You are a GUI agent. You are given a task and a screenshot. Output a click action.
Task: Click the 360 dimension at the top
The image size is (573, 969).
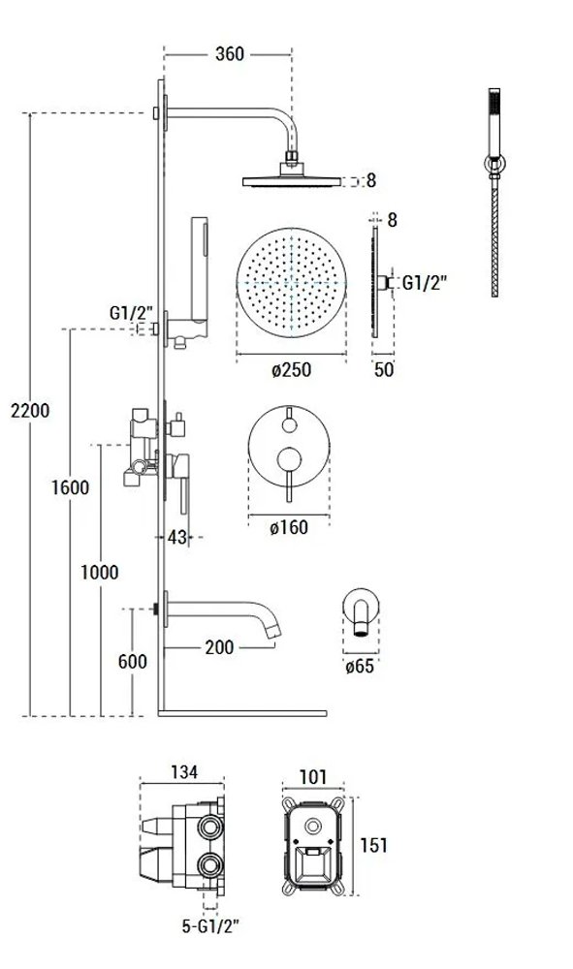pyautogui.click(x=230, y=54)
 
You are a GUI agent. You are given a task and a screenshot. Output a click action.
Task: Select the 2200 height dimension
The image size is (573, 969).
pyautogui.click(x=30, y=410)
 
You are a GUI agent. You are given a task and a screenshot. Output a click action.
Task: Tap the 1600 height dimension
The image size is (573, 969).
pyautogui.click(x=70, y=487)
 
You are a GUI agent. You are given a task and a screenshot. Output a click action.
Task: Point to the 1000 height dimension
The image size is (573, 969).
pyautogui.click(x=100, y=573)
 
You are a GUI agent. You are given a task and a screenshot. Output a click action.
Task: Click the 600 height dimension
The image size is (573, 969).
pyautogui.click(x=132, y=661)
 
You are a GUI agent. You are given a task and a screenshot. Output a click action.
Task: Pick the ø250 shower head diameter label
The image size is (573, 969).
pyautogui.click(x=291, y=370)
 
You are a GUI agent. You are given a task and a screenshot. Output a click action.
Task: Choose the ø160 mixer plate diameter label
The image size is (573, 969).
pyautogui.click(x=289, y=527)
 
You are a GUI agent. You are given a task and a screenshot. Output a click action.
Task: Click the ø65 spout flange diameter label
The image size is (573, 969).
pyautogui.click(x=360, y=667)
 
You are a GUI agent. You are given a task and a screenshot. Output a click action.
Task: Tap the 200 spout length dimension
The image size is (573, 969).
pyautogui.click(x=219, y=647)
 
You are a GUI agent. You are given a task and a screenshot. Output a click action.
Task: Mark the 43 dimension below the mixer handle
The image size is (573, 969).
pyautogui.click(x=176, y=537)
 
